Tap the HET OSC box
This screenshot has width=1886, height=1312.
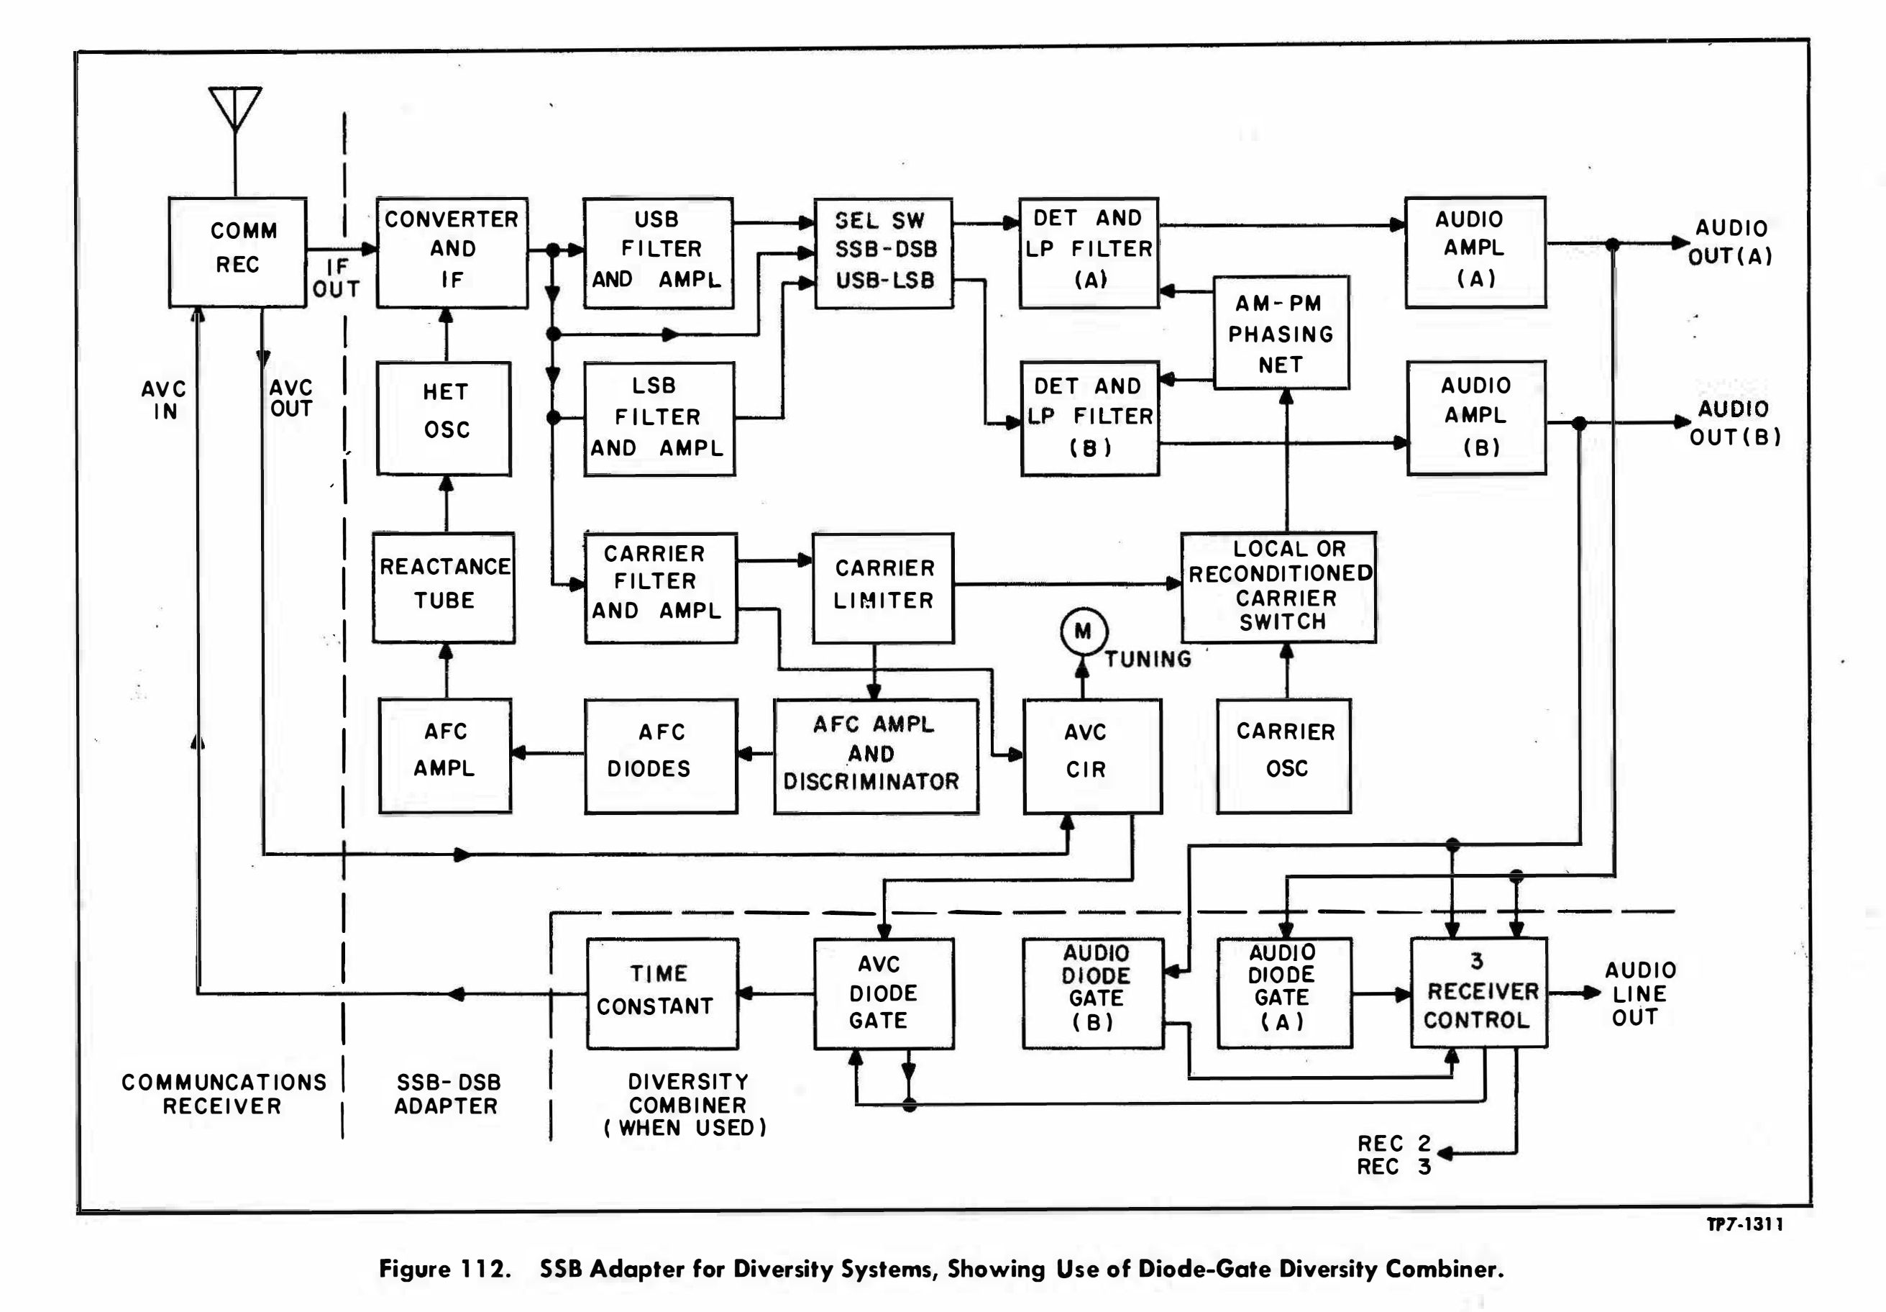[444, 418]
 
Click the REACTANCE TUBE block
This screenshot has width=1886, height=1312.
[444, 586]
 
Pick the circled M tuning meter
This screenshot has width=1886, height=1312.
[1084, 631]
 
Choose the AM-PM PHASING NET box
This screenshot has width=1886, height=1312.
[1281, 333]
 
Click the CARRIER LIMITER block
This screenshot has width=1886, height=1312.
[883, 586]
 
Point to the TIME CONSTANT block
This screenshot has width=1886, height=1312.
[662, 993]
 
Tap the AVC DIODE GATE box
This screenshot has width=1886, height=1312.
[883, 993]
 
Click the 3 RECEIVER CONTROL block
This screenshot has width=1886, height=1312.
[1478, 992]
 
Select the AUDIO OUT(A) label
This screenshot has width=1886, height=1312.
[1731, 242]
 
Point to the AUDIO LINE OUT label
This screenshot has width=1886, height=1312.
[1639, 993]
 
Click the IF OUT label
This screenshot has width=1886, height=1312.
[337, 278]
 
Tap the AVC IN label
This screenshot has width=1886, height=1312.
[164, 400]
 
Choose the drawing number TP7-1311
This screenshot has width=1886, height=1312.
[1745, 1224]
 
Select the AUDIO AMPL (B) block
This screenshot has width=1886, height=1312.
[1476, 417]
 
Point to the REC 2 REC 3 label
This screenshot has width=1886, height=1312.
[1394, 1154]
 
